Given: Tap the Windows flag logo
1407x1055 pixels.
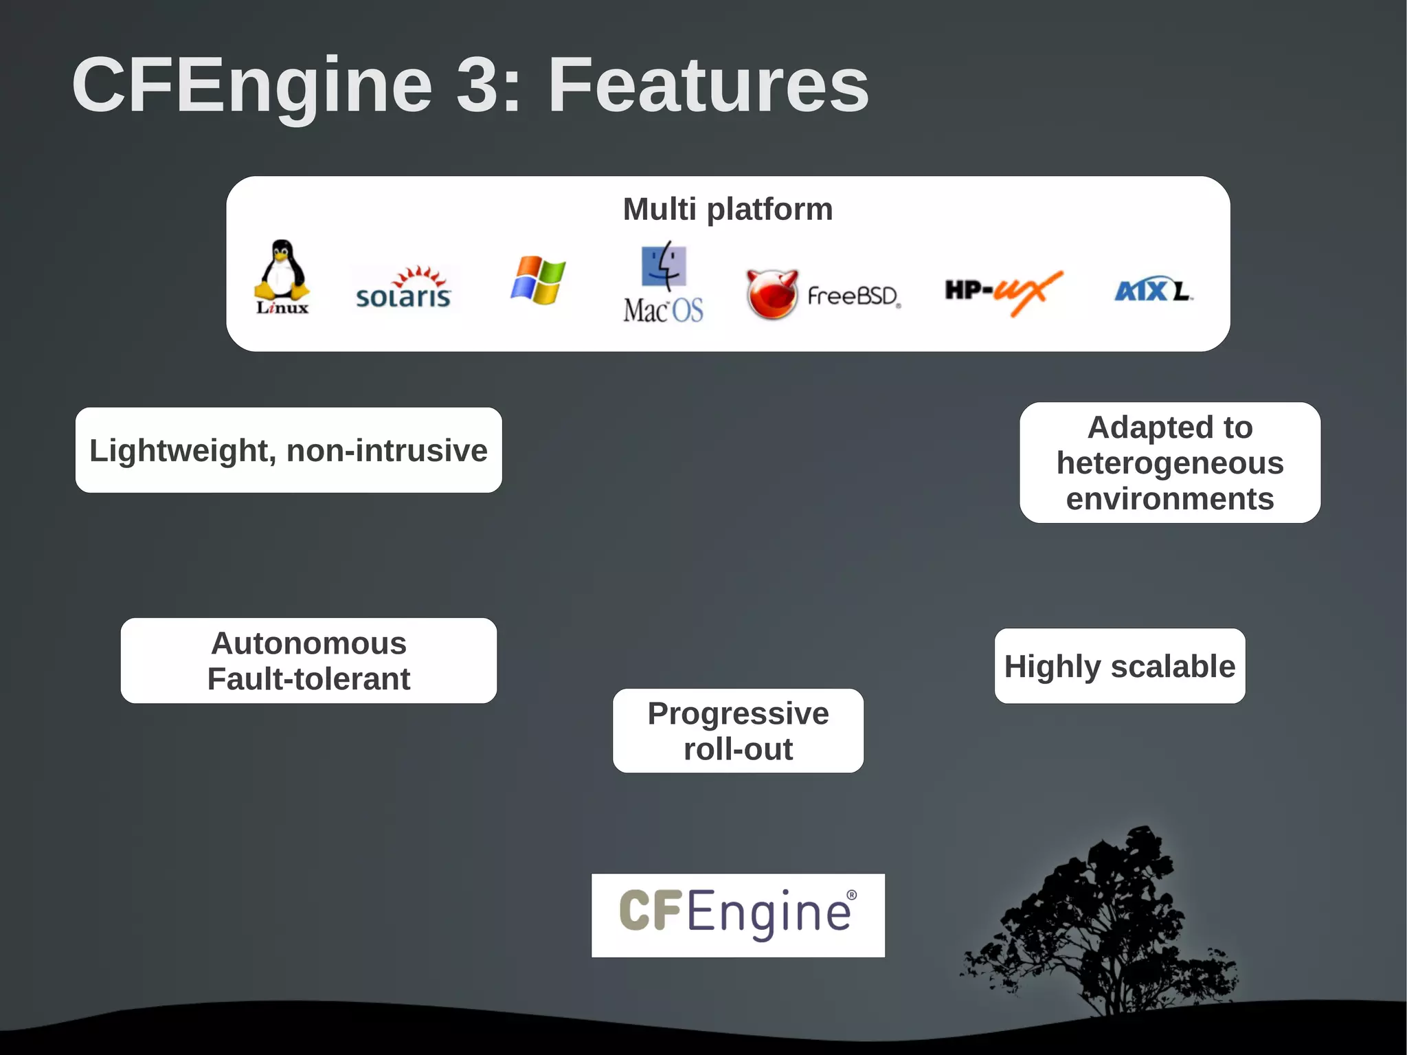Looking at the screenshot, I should pyautogui.click(x=538, y=280).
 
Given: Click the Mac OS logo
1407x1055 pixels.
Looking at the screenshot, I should pyautogui.click(x=664, y=282).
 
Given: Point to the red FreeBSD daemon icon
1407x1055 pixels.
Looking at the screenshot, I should pyautogui.click(x=772, y=294).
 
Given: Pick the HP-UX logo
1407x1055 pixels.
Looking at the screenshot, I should pyautogui.click(x=1003, y=291).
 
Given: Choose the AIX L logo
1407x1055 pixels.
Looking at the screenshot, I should pyautogui.click(x=1153, y=291).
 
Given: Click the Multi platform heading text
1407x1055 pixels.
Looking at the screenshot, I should pyautogui.click(x=728, y=209).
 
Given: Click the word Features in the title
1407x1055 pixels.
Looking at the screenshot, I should pyautogui.click(x=708, y=85).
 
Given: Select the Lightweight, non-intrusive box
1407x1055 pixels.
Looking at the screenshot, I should pyautogui.click(x=289, y=450).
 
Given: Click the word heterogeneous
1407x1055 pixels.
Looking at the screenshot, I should pyautogui.click(x=1170, y=463).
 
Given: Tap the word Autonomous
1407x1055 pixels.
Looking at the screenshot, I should pyautogui.click(x=308, y=643).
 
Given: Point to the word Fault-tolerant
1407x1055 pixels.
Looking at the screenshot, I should pyautogui.click(x=308, y=679).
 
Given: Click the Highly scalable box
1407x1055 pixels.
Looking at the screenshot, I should pyautogui.click(x=1120, y=666).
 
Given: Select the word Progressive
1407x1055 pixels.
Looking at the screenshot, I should pyautogui.click(x=738, y=713).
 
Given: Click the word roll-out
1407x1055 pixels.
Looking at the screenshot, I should pyautogui.click(x=738, y=749).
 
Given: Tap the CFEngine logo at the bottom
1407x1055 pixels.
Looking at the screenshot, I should pyautogui.click(x=738, y=914).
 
